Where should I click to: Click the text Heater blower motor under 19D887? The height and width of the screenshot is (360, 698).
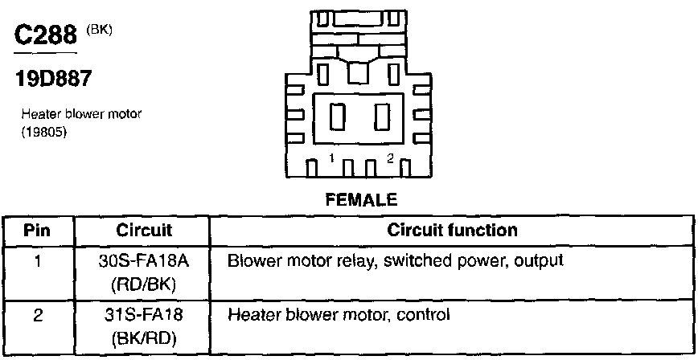tap(81, 115)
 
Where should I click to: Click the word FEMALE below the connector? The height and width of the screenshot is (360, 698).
tap(361, 198)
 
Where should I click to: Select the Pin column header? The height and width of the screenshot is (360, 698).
tap(38, 231)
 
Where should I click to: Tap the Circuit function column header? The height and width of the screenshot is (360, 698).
tap(452, 231)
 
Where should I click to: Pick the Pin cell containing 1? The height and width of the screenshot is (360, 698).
tap(38, 261)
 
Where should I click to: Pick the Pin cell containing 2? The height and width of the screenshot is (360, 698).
tap(38, 315)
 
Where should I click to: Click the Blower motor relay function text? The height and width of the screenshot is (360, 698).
tap(395, 261)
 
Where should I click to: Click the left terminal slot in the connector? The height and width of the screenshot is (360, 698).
tap(339, 118)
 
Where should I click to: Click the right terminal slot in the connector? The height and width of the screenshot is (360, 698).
tap(383, 118)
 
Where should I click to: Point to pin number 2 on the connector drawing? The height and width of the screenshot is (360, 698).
tap(390, 159)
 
